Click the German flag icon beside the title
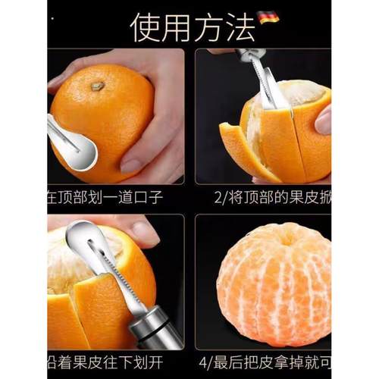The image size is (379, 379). point(268,16)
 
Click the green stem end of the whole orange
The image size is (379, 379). point(97,86)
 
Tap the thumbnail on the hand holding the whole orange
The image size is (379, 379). point(132,164)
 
